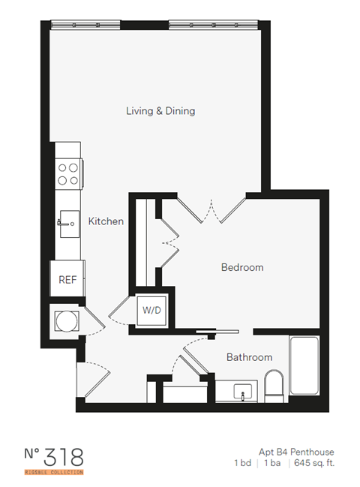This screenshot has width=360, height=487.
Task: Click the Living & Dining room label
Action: click(160, 111)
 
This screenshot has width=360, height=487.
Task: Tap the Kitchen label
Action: click(106, 221)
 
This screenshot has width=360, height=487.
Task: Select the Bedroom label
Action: click(241, 267)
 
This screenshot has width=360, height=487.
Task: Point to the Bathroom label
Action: click(249, 357)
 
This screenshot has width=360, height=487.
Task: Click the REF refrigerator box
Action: click(67, 279)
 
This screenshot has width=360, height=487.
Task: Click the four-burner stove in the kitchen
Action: click(69, 174)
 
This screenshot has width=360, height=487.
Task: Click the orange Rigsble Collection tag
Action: click(52, 472)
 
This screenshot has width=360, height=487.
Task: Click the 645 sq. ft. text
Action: click(316, 463)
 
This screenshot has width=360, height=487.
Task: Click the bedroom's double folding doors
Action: click(212, 210)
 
